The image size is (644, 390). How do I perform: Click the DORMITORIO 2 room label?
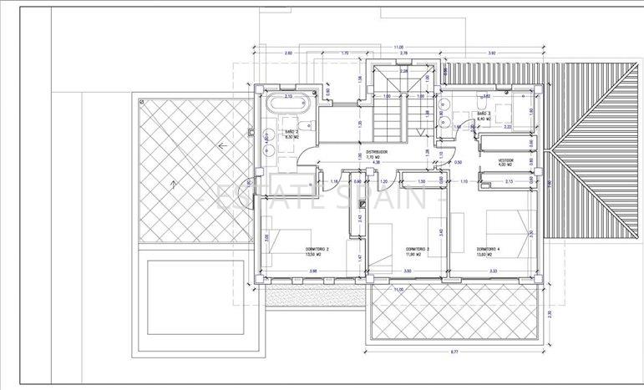[316, 249]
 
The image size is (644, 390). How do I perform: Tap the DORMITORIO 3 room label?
[417, 249]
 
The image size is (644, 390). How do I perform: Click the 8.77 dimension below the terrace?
[454, 352]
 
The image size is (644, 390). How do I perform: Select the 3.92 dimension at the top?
[492, 53]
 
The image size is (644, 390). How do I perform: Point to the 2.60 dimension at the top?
[288, 53]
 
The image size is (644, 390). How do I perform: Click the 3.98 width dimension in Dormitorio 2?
[313, 271]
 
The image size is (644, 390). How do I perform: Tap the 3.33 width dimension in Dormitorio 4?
[494, 271]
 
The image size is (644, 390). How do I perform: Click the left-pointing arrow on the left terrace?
[221, 146]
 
